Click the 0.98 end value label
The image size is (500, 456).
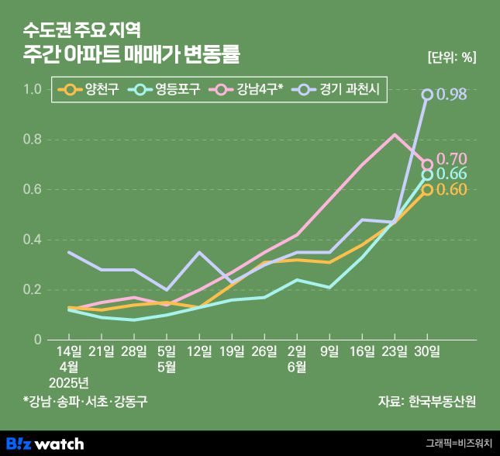(451, 95)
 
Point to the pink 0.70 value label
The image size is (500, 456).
(451, 159)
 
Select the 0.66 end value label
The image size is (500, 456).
(451, 174)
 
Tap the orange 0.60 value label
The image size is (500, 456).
(451, 189)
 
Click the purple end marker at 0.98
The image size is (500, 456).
(427, 95)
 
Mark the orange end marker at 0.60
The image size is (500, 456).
(427, 189)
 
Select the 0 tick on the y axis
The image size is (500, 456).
(36, 340)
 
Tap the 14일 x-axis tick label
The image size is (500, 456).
(70, 351)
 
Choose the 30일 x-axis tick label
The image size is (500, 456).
(427, 351)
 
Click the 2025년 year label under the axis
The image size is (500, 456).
(69, 382)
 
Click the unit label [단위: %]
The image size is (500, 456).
(452, 57)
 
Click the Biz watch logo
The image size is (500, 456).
(45, 444)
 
